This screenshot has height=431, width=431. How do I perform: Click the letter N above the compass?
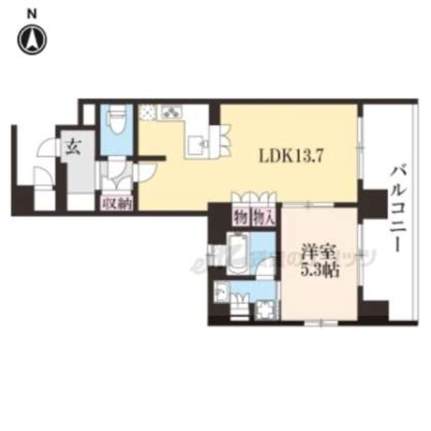tap(33, 13)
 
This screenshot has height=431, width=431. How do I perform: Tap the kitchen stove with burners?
tap(172, 112)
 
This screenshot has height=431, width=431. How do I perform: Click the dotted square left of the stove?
tap(148, 112)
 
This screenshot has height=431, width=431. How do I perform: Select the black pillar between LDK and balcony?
tap(372, 203)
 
